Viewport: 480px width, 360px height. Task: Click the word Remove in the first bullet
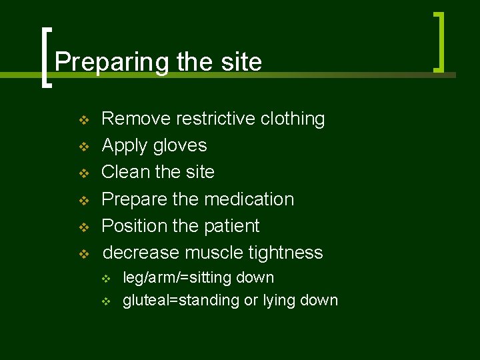[136, 119]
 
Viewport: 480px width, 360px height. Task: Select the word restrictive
[215, 119]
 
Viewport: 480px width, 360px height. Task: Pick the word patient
[231, 226]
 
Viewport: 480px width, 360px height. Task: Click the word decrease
[141, 253]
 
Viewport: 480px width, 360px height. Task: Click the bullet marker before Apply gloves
[83, 146]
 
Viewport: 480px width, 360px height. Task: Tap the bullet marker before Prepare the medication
[83, 200]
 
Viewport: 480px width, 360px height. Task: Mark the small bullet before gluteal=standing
[105, 301]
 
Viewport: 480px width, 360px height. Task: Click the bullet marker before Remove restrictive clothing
[83, 120]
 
